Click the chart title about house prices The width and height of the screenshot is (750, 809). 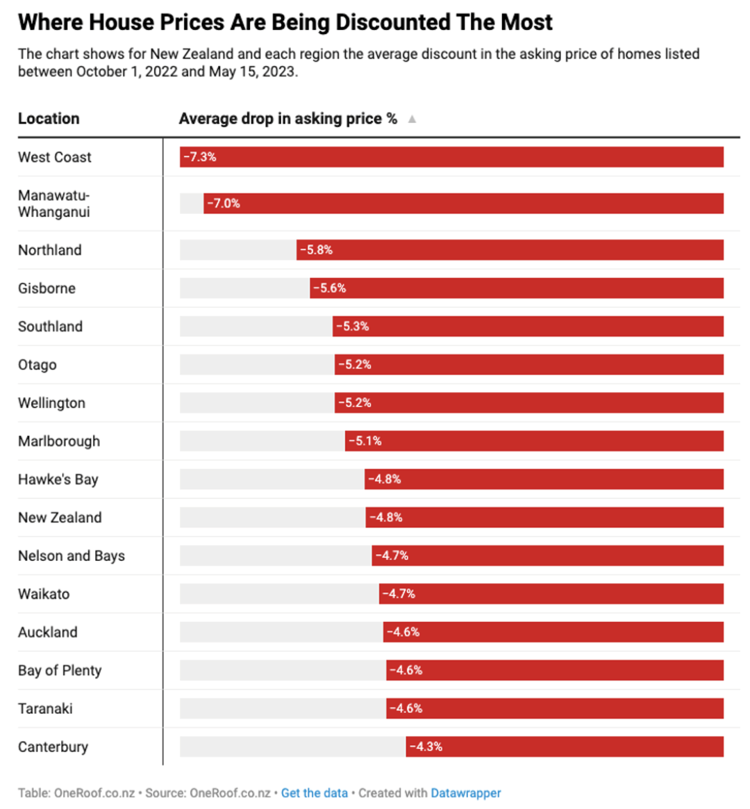pos(285,23)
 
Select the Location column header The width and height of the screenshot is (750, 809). pos(49,119)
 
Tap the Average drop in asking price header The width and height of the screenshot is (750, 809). pos(288,119)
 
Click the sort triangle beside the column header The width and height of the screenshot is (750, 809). pos(412,119)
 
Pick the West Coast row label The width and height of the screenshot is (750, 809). pos(55,157)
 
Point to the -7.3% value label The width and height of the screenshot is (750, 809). pos(200,157)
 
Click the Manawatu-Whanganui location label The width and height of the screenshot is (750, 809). pos(54,203)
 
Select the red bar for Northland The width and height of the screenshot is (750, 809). pos(510,250)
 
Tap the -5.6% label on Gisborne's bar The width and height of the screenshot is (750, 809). pos(329,288)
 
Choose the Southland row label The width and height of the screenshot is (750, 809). pos(51,326)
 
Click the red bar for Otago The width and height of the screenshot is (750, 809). pos(529,364)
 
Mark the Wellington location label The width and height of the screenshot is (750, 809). pos(51,403)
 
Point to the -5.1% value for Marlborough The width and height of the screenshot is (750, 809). pos(365,441)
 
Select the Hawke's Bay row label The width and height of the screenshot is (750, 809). pos(58,480)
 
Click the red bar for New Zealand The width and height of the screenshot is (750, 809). pos(544,518)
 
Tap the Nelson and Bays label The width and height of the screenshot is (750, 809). pos(72,556)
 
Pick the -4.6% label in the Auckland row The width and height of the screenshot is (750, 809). pos(403,632)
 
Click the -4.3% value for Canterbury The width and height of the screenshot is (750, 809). pos(426,746)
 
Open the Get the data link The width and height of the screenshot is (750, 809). pos(315,793)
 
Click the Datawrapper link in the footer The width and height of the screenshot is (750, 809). pos(466,793)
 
